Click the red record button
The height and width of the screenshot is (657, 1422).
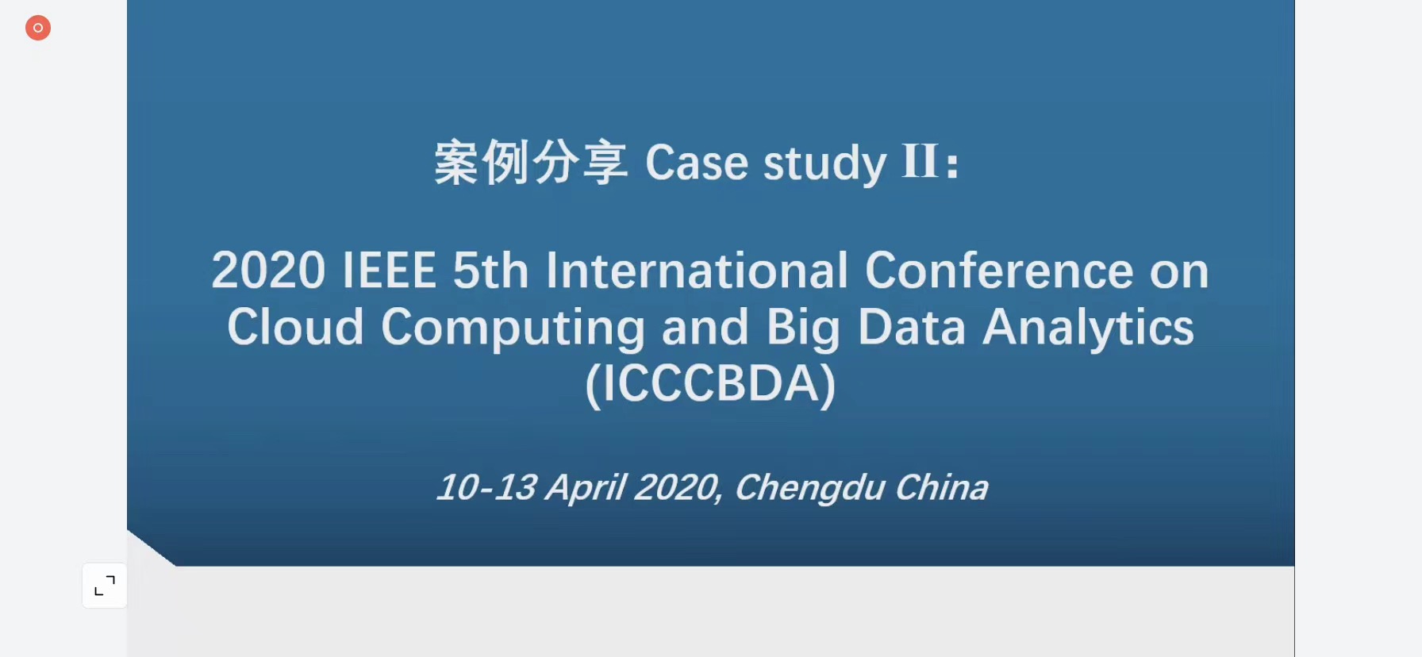tap(38, 28)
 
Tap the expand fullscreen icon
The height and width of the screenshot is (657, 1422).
tap(105, 586)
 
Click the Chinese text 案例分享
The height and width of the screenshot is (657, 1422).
tap(531, 162)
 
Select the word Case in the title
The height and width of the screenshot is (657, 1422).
tap(697, 163)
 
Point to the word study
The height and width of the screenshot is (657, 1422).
tap(824, 164)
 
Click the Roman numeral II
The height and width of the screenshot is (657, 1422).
tap(920, 161)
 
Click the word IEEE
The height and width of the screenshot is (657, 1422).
tap(389, 271)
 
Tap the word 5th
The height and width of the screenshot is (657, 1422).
tap(490, 270)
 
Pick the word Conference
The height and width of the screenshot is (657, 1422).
tap(999, 270)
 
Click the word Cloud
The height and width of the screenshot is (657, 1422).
tap(295, 326)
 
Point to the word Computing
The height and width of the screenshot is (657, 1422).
tap(513, 328)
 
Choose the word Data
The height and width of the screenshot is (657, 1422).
tap(912, 327)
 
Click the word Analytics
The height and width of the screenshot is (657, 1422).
tap(1089, 328)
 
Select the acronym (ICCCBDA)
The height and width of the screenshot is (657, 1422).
tap(710, 385)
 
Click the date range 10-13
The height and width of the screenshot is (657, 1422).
tap(487, 487)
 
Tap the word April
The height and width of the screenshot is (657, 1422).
tap(586, 489)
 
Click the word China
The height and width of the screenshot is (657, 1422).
tap(942, 487)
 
